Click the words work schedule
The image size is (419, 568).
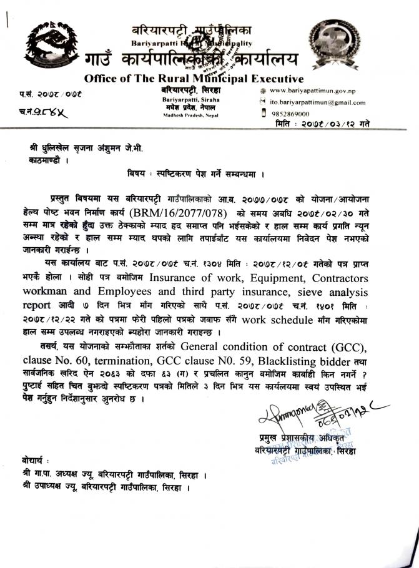277,320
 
